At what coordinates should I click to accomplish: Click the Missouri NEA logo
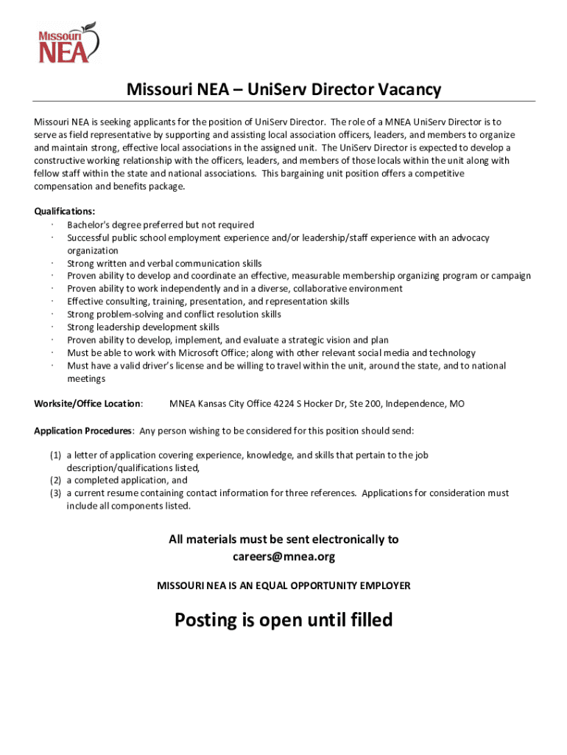67,42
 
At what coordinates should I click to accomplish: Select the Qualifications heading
64,212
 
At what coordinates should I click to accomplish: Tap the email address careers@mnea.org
283,557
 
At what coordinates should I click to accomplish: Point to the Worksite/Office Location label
88,404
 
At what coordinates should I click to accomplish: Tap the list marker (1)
55,456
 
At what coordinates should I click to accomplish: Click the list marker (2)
55,481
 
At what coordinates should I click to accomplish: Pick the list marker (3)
55,493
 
